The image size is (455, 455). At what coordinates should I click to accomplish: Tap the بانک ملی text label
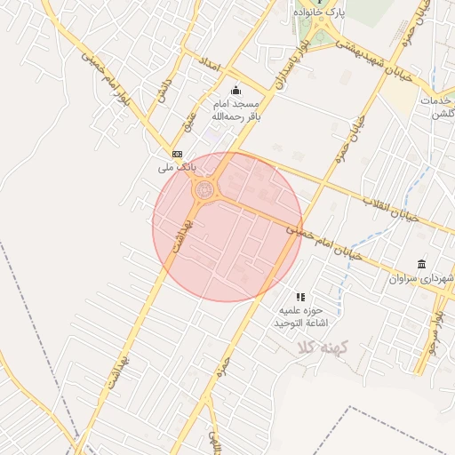tap(174, 167)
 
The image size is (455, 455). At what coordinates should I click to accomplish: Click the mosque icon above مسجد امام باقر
tap(235, 90)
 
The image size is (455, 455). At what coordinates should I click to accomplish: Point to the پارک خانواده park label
tap(321, 12)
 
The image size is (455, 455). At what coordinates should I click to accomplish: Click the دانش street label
tap(162, 94)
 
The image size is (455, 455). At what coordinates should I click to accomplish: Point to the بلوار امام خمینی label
tap(106, 81)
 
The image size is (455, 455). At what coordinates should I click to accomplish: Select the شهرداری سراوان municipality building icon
tap(420, 265)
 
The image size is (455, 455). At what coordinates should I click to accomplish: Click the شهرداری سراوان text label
tap(423, 279)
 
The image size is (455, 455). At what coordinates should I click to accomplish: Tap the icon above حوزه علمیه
tap(300, 297)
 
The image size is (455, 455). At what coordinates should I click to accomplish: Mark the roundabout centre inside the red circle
tap(205, 189)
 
